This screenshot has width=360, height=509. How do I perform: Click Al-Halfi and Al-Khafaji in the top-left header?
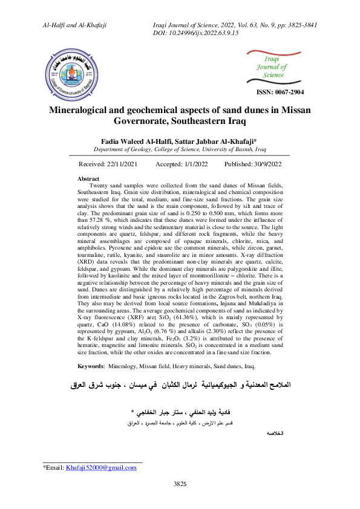pos(74,24)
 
